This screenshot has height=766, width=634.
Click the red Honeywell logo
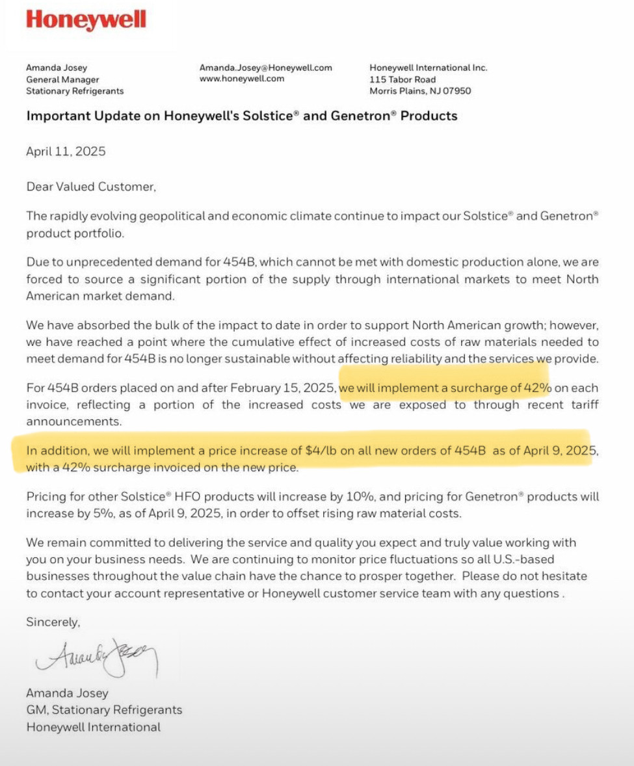pos(86,20)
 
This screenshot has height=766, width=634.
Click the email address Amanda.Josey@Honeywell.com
pos(265,68)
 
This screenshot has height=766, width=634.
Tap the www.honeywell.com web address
pos(242,79)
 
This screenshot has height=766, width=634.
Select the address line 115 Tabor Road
pos(403,79)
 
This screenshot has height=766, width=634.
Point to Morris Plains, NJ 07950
pos(420,91)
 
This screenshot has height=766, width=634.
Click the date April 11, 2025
pos(66,152)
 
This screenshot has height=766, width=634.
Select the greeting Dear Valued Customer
pos(91,187)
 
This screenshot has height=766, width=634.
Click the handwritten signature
pos(98,657)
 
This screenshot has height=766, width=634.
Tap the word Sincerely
pos(53,622)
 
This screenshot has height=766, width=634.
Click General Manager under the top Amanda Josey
pos(62,79)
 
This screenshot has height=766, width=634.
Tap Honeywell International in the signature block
pos(93,727)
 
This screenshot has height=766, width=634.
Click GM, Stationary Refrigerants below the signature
pos(104,710)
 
